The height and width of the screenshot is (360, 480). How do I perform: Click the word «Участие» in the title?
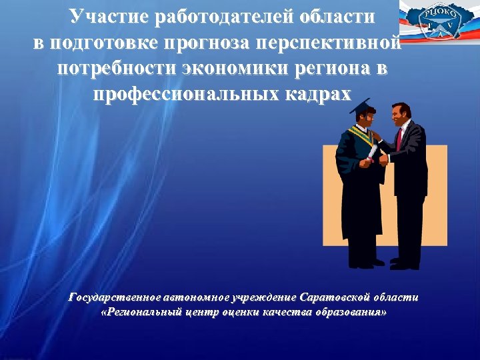pos(107,17)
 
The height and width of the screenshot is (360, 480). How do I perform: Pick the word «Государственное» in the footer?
pos(114,297)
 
